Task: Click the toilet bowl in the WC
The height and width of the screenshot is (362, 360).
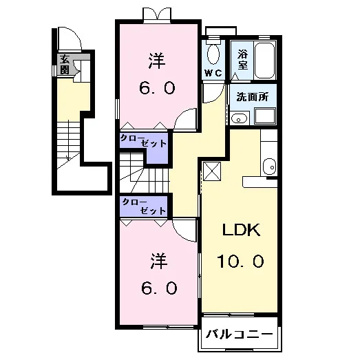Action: pos(213,54)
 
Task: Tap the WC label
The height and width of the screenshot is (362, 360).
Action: pos(213,73)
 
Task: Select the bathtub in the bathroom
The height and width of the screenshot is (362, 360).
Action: pos(264,61)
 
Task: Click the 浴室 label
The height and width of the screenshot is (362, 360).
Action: pos(243,60)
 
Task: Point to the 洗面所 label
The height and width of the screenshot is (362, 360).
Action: pos(253,97)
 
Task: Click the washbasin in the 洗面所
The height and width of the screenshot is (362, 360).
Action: pos(240,118)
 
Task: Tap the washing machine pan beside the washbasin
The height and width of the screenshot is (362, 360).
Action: pos(265,116)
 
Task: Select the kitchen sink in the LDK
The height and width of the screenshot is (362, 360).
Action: pos(269,167)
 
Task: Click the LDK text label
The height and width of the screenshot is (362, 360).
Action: pos(242,230)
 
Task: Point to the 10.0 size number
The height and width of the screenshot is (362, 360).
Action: pos(240,261)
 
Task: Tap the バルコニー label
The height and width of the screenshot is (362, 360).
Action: pos(240,334)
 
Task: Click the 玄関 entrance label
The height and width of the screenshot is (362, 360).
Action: pos(65,65)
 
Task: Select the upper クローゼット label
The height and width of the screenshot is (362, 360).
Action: pos(143,140)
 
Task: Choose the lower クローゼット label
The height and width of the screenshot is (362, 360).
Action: pos(144,206)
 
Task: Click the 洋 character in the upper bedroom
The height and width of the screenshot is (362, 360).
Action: pos(157,61)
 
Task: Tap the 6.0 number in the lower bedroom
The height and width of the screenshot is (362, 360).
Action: pos(159,288)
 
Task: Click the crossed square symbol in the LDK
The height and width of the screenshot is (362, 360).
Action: pos(212,171)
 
